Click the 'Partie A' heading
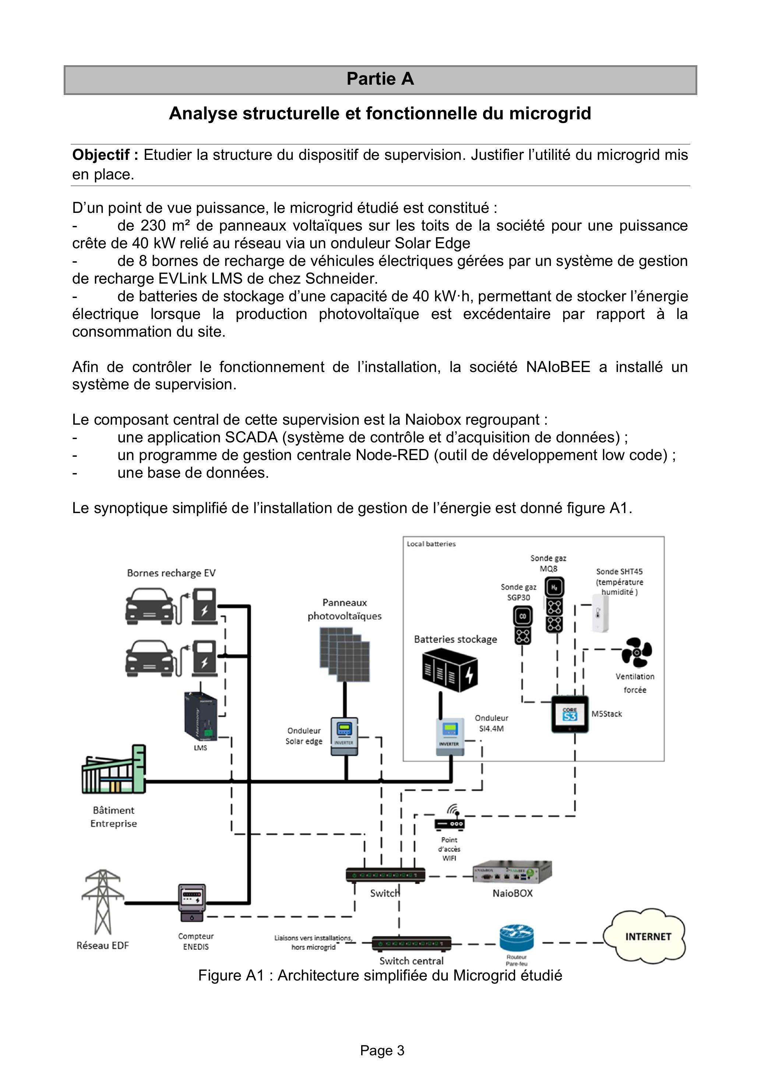point(380,79)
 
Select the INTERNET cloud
point(644,937)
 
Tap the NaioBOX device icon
point(512,873)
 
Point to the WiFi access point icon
point(449,817)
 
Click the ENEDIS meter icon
point(192,904)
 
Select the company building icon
point(113,770)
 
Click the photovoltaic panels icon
point(344,655)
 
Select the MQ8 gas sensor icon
point(554,605)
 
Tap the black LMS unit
point(200,717)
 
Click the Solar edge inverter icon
point(345,736)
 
